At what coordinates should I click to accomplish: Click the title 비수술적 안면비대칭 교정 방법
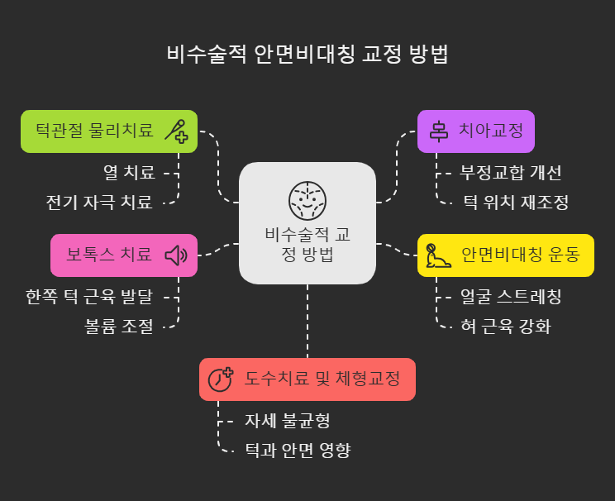[307, 55]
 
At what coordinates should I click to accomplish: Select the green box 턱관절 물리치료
[109, 131]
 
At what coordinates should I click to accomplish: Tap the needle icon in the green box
[175, 131]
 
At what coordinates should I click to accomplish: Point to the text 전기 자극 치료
[99, 201]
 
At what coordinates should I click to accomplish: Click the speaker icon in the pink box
[176, 255]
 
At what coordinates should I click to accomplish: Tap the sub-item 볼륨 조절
[120, 326]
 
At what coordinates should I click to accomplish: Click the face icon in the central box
[307, 198]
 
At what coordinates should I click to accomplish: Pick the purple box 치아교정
[475, 131]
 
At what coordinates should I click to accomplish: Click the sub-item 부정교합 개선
[511, 174]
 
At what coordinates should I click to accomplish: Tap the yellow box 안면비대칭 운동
[505, 255]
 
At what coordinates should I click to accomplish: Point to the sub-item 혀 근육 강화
[505, 326]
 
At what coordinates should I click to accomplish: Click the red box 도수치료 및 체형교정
[307, 379]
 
